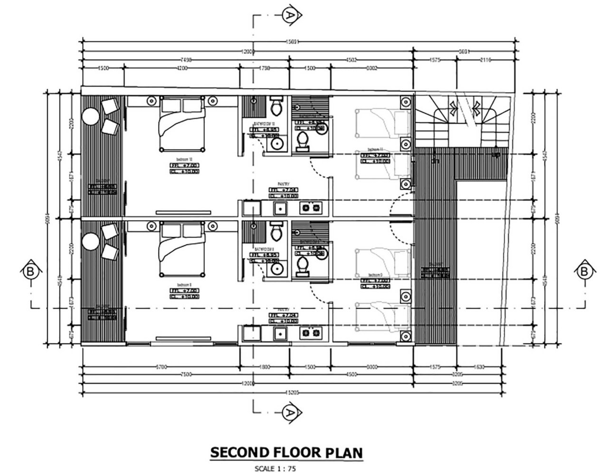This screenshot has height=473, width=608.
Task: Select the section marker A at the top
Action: [x=289, y=15]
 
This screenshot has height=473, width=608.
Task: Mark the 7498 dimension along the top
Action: [x=186, y=60]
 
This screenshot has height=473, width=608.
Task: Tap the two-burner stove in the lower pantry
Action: [x=311, y=333]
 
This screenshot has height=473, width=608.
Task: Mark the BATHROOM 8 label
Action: [x=263, y=249]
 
